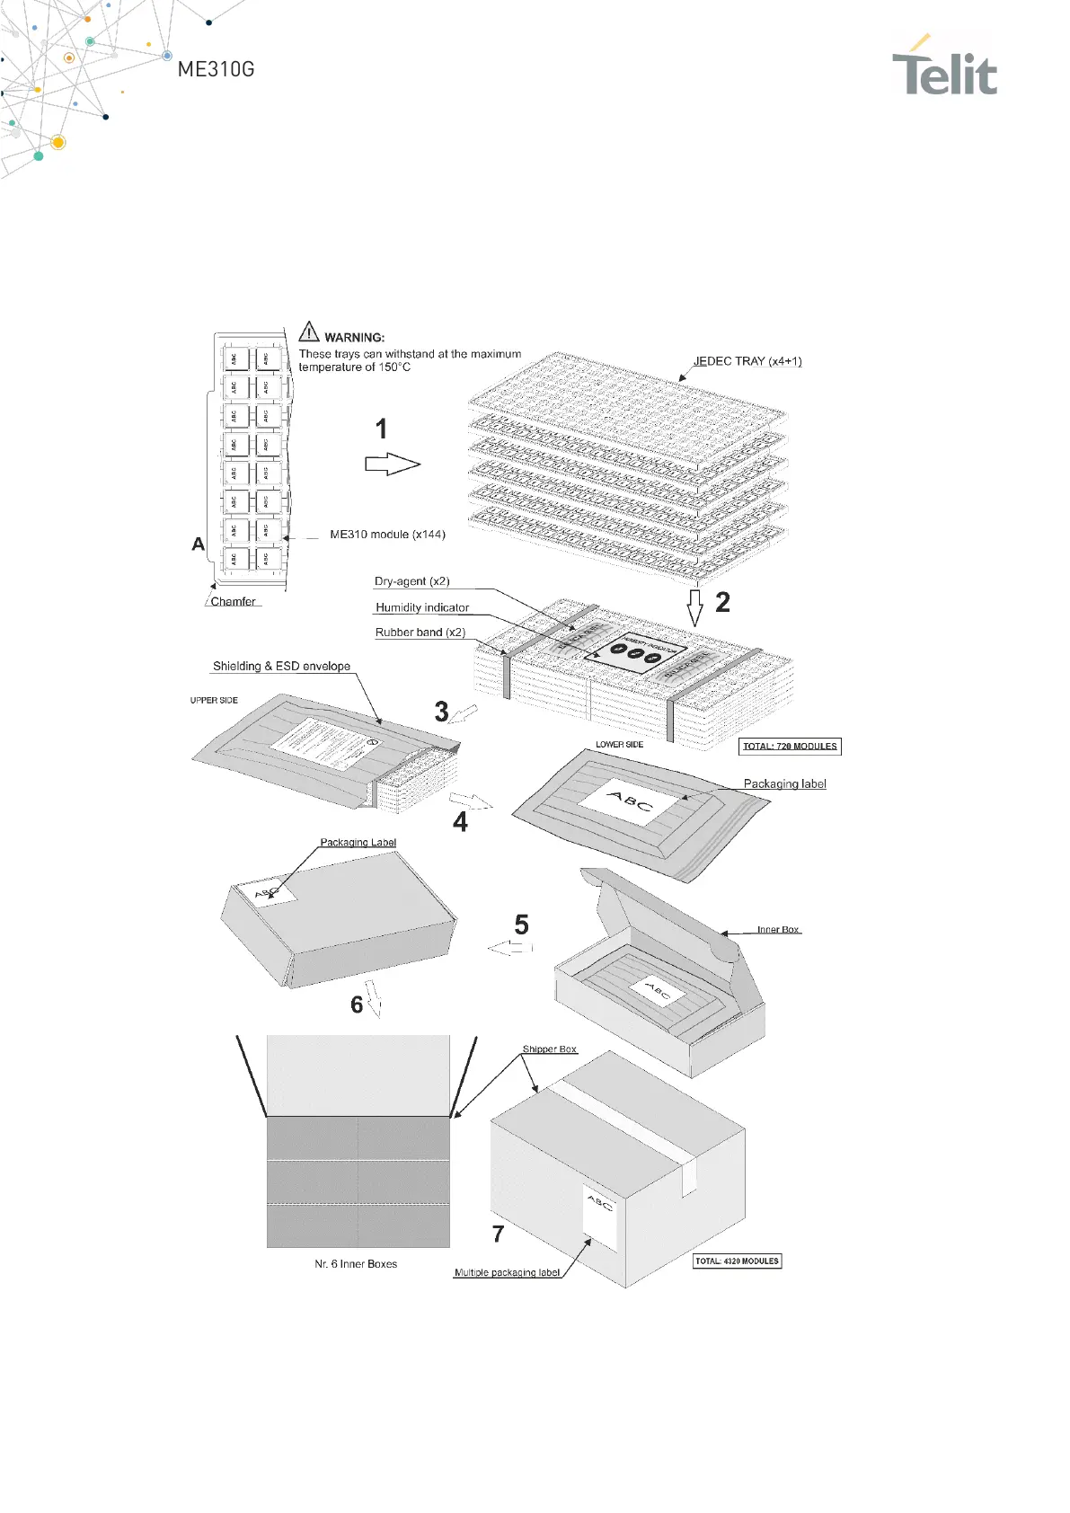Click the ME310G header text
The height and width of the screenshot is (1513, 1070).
216,69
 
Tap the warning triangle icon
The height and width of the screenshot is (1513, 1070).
309,332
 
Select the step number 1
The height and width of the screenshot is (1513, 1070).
382,429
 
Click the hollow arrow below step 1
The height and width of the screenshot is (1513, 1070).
392,465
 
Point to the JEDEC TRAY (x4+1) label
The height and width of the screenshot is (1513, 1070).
747,361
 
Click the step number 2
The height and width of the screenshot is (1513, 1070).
722,602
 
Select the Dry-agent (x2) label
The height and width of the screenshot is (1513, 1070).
411,581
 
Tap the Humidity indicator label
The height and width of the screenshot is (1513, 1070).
422,607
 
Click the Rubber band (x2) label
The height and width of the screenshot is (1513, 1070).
420,633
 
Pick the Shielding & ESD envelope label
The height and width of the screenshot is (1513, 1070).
281,666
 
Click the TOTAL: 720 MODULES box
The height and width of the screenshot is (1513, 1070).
790,746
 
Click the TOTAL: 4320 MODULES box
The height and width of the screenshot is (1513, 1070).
737,1261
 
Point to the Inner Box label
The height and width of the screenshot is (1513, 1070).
777,930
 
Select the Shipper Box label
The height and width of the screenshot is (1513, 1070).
550,1049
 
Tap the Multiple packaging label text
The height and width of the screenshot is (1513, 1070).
507,1272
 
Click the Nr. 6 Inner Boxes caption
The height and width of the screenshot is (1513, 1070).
356,1264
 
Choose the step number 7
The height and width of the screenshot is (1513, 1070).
499,1234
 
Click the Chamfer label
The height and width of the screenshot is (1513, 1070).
233,602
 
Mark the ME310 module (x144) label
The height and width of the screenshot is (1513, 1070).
387,535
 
